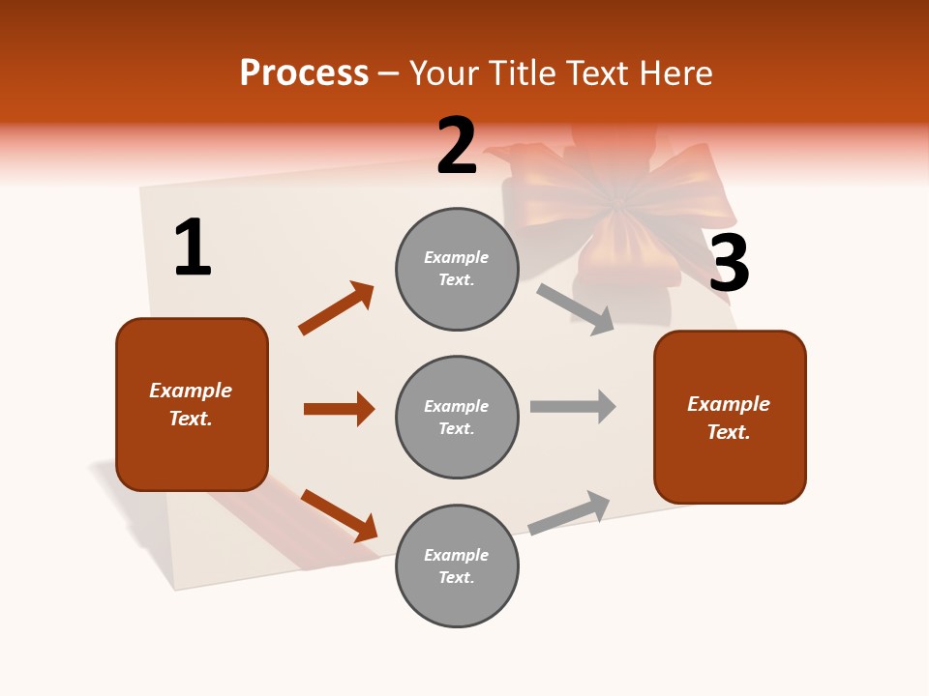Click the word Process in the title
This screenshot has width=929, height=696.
point(304,73)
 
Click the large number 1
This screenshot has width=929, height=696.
point(193,247)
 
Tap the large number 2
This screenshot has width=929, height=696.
point(457,146)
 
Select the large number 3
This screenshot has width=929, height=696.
point(729,263)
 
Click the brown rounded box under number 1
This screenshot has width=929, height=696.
point(192,404)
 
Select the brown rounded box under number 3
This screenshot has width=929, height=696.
point(730,418)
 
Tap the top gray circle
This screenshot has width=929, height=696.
point(457,269)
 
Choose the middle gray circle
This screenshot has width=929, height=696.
point(457,417)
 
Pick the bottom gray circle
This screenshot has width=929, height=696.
point(457,565)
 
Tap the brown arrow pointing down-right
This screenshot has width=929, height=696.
point(339,515)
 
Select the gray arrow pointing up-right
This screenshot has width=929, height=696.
point(570,512)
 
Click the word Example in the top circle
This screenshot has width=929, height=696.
point(457,257)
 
